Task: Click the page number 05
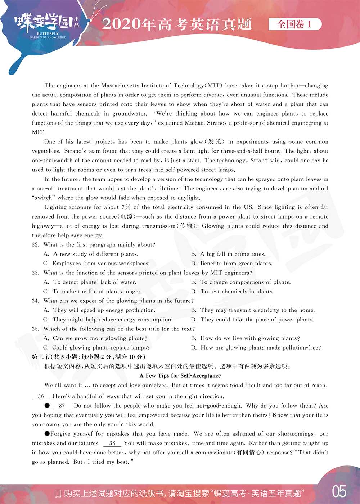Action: [x=339, y=492]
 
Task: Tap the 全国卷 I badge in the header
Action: [x=294, y=24]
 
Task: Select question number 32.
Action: [x=35, y=245]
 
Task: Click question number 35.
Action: [x=35, y=329]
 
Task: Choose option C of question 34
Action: [x=108, y=320]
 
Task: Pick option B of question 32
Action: [x=228, y=254]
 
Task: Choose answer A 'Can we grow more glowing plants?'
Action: [x=95, y=338]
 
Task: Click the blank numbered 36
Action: [x=41, y=396]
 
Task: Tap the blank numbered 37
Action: [x=62, y=406]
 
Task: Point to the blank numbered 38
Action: [x=112, y=443]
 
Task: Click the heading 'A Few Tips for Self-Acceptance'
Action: [x=180, y=376]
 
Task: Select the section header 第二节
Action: [x=41, y=357]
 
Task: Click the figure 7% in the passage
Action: [x=126, y=207]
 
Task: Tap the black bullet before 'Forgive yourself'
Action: [x=47, y=434]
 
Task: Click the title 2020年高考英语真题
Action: [x=177, y=24]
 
